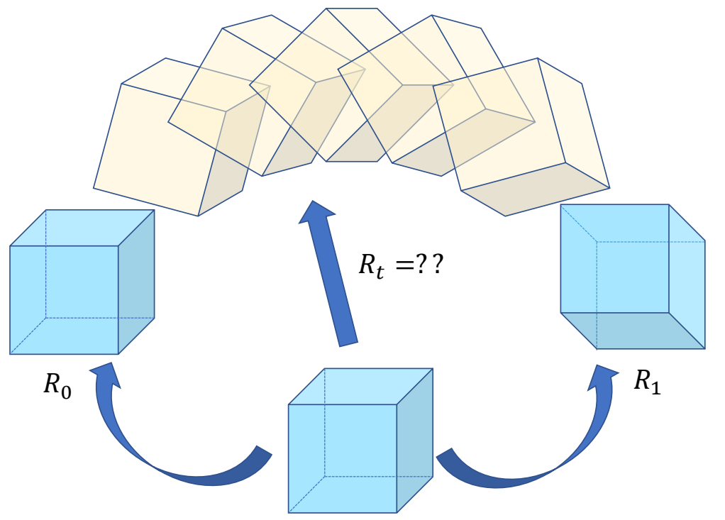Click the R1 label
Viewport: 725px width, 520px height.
point(646,382)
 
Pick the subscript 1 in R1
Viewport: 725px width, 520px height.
point(655,388)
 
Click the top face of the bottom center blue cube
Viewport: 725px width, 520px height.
point(360,387)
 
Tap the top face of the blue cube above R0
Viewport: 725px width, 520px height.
point(82,228)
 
